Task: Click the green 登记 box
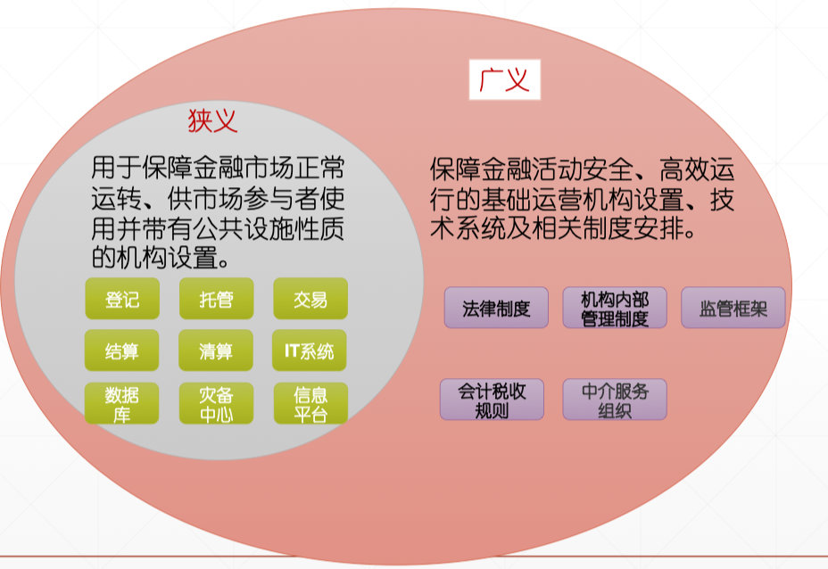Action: [122, 299]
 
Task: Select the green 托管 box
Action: [216, 299]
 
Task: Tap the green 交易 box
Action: [310, 299]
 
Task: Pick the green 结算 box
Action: [122, 350]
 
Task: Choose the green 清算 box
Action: [216, 350]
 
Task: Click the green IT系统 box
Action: [310, 350]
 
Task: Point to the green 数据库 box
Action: [122, 403]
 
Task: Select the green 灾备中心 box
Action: [216, 403]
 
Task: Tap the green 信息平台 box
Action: [310, 403]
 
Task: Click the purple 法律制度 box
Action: [496, 308]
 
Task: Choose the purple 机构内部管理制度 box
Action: [615, 308]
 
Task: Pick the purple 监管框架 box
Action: [733, 308]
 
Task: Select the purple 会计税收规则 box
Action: [492, 400]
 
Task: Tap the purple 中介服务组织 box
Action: [615, 400]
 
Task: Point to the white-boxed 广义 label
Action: [504, 80]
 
